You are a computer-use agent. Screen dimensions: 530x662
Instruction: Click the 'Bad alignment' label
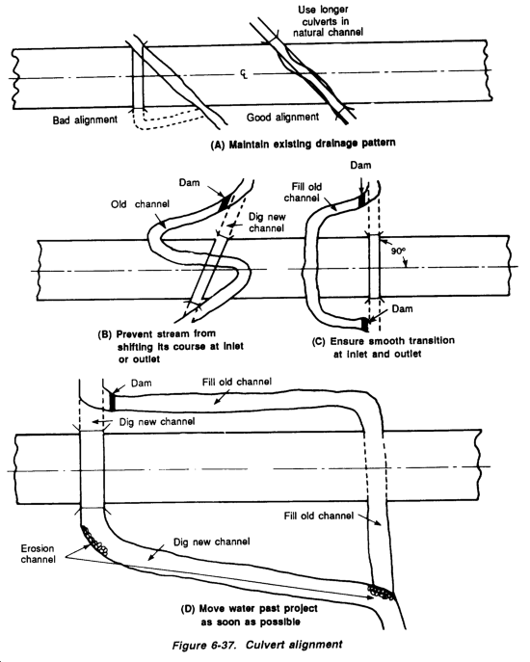(x=85, y=119)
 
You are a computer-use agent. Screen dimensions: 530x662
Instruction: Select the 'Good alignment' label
(x=282, y=117)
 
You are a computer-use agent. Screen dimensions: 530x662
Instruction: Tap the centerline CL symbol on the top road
(x=244, y=74)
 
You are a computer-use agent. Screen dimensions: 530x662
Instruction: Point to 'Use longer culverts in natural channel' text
(x=326, y=20)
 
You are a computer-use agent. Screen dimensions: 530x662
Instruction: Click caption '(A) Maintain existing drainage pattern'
(x=304, y=145)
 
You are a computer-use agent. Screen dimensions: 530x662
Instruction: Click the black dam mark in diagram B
(x=225, y=201)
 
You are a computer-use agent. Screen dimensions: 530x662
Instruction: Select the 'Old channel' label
(x=140, y=204)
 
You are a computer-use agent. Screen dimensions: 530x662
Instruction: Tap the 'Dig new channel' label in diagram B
(x=267, y=223)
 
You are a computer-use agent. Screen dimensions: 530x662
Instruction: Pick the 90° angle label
(x=397, y=251)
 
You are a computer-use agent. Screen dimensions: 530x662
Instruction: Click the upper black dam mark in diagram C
(x=362, y=199)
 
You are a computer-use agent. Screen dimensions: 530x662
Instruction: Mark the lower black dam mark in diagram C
(x=364, y=325)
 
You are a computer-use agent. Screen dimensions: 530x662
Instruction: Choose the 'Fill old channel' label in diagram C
(x=303, y=192)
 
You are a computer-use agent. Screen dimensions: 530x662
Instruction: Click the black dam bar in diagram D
(x=113, y=401)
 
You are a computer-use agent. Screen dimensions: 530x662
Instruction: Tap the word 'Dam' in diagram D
(x=141, y=384)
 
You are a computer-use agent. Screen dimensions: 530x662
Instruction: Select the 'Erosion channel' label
(x=38, y=554)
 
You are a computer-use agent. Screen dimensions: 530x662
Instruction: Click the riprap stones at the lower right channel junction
(x=381, y=592)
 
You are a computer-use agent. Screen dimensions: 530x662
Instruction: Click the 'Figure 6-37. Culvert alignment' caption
(x=257, y=645)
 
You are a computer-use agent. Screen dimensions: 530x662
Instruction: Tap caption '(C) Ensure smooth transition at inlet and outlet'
(x=383, y=348)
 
